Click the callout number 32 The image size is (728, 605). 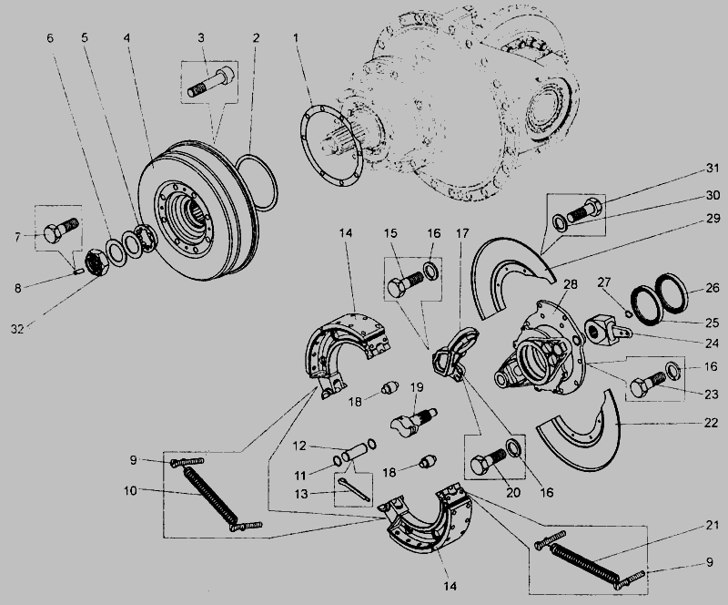pyautogui.click(x=17, y=329)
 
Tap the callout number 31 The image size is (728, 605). pyautogui.click(x=713, y=169)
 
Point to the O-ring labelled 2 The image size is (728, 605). pyautogui.click(x=257, y=183)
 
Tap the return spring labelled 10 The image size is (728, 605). pyautogui.click(x=211, y=496)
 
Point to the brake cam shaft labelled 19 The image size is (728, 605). pyautogui.click(x=413, y=421)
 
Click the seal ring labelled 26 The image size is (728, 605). pyautogui.click(x=672, y=292)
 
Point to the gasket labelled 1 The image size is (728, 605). pyautogui.click(x=331, y=146)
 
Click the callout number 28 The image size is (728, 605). pyautogui.click(x=571, y=283)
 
